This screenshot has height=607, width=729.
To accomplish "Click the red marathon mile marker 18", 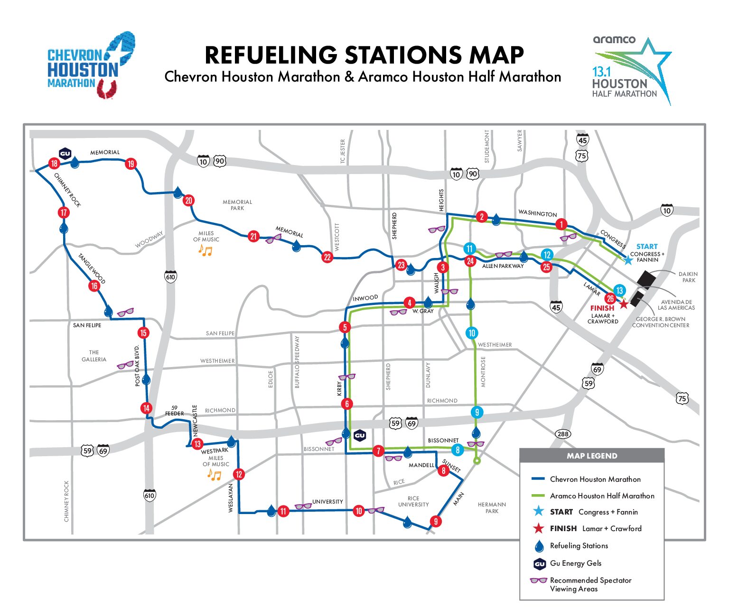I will click(54, 164).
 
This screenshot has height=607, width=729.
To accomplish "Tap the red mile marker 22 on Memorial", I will click(327, 258).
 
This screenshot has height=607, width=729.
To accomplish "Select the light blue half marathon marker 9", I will click(477, 412).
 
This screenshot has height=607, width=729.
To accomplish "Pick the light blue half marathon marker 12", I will click(547, 255).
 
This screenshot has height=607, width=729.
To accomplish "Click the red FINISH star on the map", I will click(624, 304).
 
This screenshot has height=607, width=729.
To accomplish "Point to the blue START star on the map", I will click(628, 260).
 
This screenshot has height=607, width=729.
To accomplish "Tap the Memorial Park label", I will click(237, 205).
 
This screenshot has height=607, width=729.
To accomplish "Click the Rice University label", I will click(413, 501).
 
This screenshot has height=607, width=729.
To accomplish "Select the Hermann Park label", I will click(492, 507).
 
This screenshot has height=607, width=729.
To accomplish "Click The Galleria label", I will click(94, 356).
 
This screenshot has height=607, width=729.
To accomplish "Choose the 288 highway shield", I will click(563, 434).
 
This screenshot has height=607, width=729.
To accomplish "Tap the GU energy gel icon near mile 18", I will click(65, 153).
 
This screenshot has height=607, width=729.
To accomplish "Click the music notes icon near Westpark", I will click(215, 475).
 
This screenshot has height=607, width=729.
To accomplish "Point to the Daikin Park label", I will click(688, 277).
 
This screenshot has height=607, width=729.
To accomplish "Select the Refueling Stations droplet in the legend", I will click(539, 546).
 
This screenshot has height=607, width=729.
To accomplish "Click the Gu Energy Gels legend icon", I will click(539, 564).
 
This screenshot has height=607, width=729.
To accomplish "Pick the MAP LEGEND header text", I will click(592, 456).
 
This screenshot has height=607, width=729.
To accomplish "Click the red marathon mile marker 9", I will click(435, 522).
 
